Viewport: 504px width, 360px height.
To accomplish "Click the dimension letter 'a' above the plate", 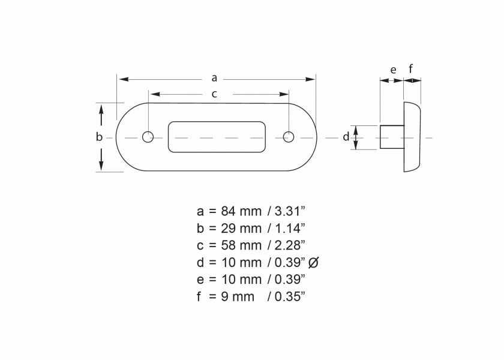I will point(215,78).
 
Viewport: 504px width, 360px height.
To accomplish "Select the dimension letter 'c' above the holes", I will point(214,94).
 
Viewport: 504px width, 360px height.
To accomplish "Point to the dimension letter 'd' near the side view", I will point(346,137).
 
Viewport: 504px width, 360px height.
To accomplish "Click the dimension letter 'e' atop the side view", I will point(393,70).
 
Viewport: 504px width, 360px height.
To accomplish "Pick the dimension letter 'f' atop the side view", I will point(411,70).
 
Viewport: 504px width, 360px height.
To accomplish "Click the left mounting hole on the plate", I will point(148,137).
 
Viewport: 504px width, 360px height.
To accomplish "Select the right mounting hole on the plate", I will point(289,137).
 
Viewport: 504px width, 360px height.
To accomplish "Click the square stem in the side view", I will point(392,137).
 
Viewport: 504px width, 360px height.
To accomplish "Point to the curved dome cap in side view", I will point(413,137).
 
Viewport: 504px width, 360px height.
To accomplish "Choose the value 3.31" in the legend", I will point(290,211).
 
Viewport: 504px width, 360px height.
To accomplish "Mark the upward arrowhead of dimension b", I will point(101,109).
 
